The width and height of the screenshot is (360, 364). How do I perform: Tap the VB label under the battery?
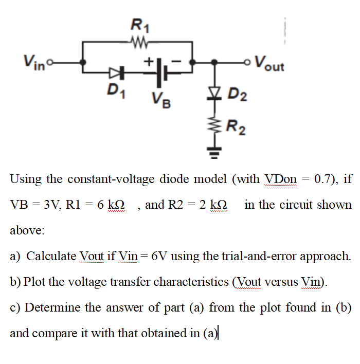coord(160,97)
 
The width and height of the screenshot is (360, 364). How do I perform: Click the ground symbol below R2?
coord(217,151)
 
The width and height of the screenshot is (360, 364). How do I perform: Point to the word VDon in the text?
coord(280,179)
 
